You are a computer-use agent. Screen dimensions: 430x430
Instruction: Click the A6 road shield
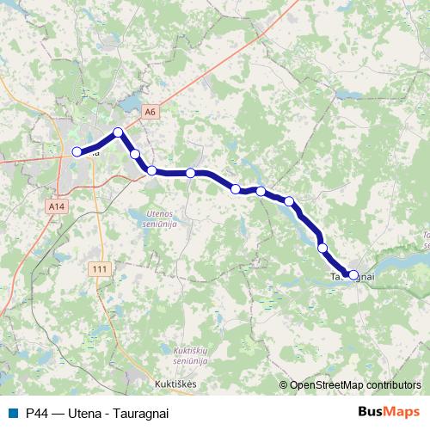150,112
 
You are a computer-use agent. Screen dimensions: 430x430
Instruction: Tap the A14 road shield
57,207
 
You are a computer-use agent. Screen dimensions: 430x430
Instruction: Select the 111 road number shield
101,269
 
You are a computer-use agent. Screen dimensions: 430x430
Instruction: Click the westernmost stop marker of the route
77,152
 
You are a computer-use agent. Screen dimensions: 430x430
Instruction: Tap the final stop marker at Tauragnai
353,275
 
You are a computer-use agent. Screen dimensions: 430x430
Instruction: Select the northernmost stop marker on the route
118,132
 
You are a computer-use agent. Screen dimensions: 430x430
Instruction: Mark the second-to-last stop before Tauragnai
323,248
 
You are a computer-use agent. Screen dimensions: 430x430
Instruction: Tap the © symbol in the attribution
284,384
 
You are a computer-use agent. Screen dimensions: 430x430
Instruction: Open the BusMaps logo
389,412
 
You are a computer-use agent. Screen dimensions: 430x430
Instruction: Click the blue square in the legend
13,413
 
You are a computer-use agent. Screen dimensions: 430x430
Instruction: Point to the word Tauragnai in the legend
139,413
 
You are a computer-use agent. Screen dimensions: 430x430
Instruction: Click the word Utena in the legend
86,413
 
